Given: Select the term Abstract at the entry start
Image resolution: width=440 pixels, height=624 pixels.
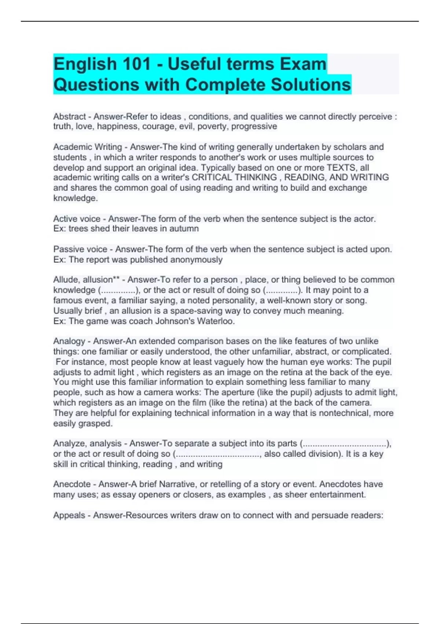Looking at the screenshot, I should click(69, 117).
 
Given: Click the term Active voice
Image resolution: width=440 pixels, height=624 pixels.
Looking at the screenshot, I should click(77, 219).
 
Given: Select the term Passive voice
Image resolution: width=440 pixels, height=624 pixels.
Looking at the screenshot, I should click(80, 249).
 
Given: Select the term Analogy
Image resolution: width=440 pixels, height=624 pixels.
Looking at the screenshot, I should click(69, 341).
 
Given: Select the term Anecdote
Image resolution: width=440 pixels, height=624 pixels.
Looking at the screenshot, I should click(72, 484).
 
